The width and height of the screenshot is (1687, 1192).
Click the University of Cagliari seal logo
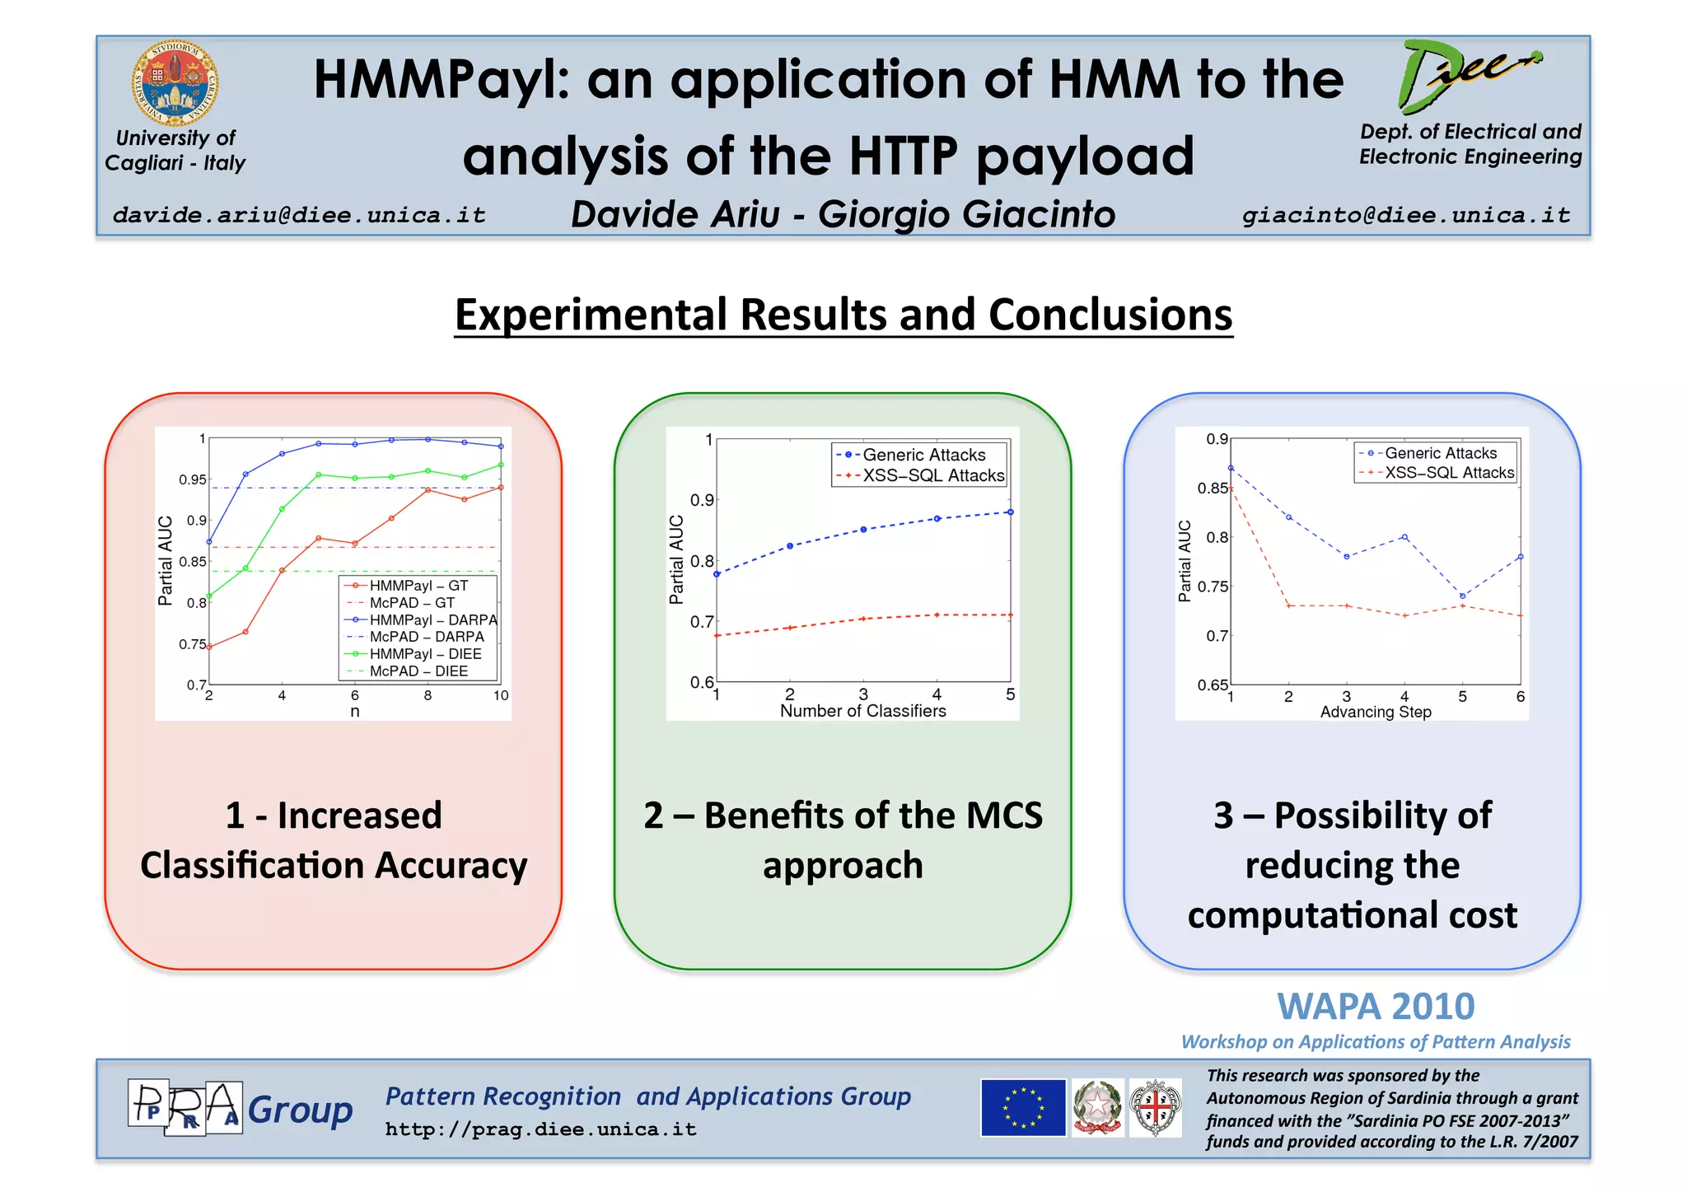[175, 85]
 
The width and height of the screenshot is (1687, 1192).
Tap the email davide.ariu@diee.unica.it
[299, 216]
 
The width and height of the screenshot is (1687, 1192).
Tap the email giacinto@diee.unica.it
[1406, 216]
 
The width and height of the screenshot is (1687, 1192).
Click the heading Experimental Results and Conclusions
[843, 315]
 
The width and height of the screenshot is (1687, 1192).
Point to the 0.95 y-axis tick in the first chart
[193, 480]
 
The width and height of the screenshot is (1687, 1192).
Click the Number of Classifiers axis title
[862, 711]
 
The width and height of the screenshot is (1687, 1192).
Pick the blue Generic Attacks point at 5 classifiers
[1010, 512]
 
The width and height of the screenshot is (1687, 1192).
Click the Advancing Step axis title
[1375, 712]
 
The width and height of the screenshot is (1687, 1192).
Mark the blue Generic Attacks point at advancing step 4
[1404, 537]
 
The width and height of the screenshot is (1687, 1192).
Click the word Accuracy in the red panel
[451, 866]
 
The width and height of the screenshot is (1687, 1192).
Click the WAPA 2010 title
[1376, 1007]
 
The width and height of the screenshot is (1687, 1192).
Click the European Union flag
[1023, 1108]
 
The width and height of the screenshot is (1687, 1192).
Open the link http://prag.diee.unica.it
[540, 1129]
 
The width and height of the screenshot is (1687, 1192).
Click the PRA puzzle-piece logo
[185, 1108]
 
